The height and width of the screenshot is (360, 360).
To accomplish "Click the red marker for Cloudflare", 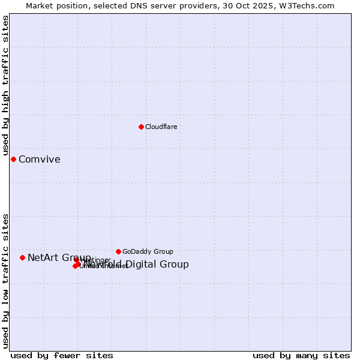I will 141,127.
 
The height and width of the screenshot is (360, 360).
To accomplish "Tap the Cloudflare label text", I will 161,127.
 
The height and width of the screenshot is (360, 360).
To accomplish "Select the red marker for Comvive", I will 13,159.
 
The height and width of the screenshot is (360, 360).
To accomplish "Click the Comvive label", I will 40,159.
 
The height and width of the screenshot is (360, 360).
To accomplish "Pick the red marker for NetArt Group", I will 22,257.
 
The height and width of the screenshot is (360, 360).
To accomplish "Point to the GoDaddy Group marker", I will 118,251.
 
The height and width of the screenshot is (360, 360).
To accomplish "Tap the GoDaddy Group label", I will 148,251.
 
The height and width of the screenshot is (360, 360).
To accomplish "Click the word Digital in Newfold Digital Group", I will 143,265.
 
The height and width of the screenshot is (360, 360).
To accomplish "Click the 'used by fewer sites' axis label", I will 62,355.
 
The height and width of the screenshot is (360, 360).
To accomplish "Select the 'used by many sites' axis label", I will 301,355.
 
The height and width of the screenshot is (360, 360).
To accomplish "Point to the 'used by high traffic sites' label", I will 5,85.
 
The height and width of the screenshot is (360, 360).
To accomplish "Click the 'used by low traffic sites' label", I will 5,281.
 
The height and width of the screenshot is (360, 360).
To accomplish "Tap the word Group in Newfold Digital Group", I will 175,265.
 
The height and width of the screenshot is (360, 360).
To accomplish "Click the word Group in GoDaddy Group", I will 163,251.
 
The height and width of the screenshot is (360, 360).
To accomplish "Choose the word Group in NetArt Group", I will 77,258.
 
